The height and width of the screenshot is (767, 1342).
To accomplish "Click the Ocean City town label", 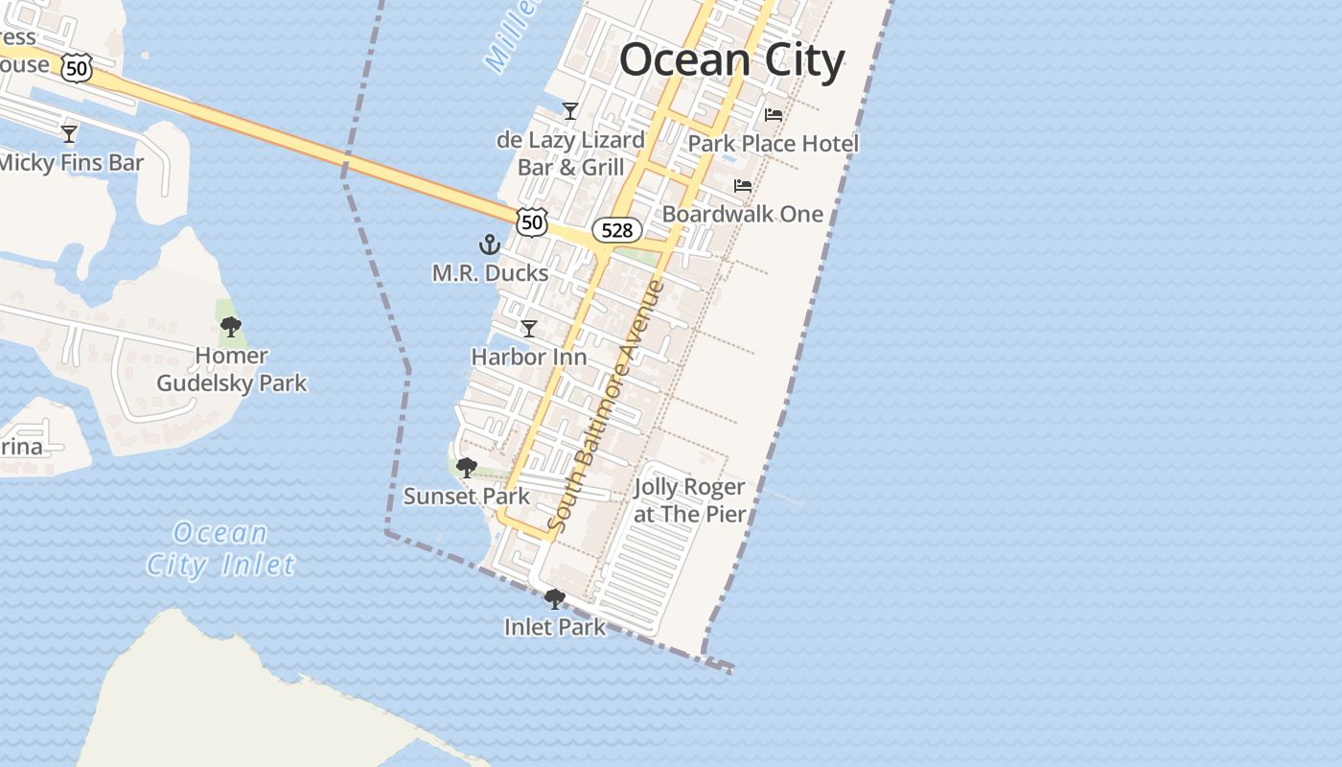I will (731, 60).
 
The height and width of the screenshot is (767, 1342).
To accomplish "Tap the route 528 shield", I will (616, 230).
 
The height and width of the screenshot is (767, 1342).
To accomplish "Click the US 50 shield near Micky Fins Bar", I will (77, 66).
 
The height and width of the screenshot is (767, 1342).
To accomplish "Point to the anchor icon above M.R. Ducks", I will (490, 245).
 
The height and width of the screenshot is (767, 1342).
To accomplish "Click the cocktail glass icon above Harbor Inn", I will (528, 329).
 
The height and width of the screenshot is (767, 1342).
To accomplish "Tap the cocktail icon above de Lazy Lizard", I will (570, 111).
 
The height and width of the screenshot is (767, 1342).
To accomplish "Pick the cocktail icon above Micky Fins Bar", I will (69, 133).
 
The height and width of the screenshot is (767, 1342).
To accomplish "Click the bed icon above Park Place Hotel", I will (773, 115).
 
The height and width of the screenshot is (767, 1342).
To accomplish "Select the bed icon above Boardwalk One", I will (743, 185).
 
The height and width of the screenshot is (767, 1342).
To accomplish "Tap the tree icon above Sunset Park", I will (467, 468).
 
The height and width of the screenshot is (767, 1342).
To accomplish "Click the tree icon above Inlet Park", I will (554, 599).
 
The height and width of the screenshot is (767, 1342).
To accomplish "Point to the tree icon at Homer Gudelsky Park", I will (231, 327).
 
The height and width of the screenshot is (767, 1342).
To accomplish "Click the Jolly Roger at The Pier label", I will (689, 500).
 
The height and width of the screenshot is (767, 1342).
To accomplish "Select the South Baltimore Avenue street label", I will (606, 407).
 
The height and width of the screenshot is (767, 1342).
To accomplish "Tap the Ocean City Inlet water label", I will (220, 549).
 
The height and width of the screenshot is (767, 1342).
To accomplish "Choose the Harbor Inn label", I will (529, 357).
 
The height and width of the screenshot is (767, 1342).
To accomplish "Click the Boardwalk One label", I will (743, 213).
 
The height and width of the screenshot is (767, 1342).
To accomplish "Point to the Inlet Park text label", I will (555, 627).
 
